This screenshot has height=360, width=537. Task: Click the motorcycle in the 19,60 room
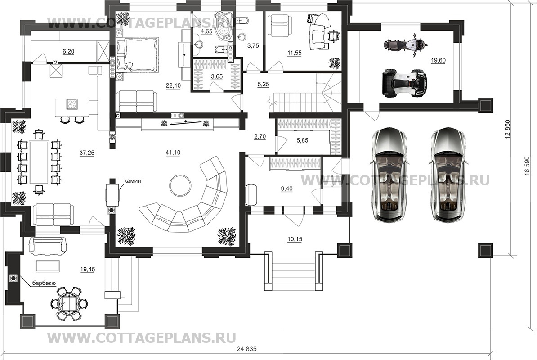tap(404, 45)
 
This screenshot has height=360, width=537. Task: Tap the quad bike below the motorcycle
tap(403, 83)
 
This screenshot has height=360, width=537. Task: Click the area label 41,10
tap(173, 153)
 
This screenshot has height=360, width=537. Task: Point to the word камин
tap(134, 181)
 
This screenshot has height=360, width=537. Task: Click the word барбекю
tap(44, 283)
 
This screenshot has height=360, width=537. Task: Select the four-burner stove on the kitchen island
tap(72, 104)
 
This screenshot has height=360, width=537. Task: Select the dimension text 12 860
tap(508, 129)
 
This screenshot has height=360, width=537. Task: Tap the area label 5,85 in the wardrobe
tap(303, 140)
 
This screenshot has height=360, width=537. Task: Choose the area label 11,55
tap(294, 53)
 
